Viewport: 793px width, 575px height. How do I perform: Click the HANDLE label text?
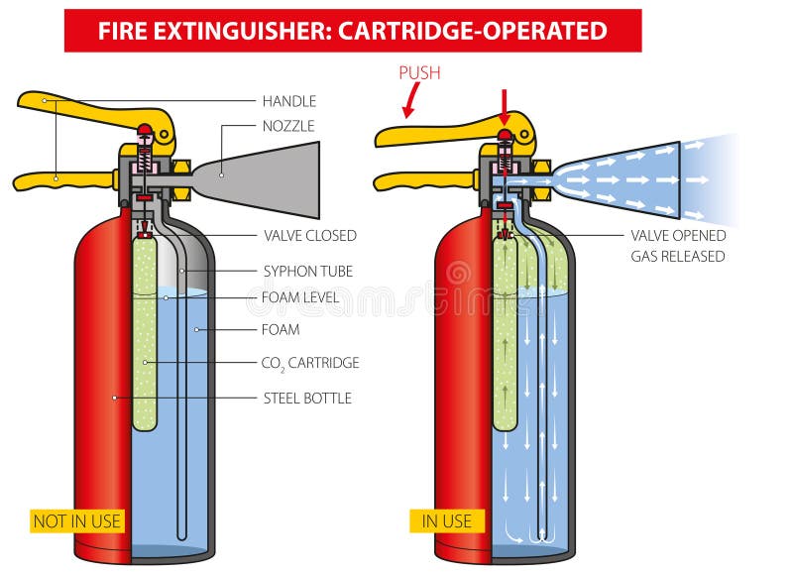(x=288, y=101)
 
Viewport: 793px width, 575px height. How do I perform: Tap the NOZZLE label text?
(x=288, y=126)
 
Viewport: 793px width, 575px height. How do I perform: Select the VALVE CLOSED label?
(x=309, y=236)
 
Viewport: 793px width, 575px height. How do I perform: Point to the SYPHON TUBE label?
(x=307, y=271)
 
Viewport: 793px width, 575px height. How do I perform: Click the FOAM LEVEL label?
(x=301, y=296)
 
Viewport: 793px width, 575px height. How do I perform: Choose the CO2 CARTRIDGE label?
(x=309, y=363)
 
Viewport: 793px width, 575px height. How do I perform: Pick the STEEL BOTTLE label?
(x=307, y=399)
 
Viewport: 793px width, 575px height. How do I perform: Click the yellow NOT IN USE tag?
(x=76, y=520)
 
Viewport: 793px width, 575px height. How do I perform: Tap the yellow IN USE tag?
(x=447, y=520)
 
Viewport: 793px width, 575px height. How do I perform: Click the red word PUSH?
(x=419, y=73)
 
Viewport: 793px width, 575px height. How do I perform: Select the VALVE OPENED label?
(x=678, y=236)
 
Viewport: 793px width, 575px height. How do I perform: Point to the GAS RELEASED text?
(x=678, y=256)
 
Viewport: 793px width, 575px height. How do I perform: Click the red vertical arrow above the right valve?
(x=505, y=104)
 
